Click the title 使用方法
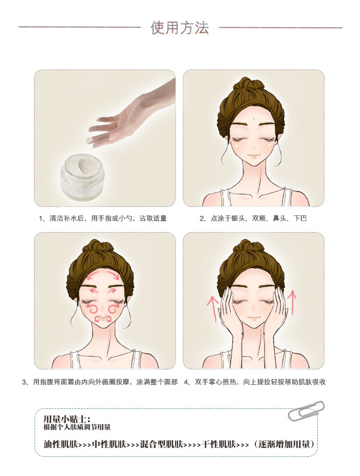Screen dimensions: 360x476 pos(180,28)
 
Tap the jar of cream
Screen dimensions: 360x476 pos(83,175)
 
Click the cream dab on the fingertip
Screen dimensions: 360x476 pos(89,139)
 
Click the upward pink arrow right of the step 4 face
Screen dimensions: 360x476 pos(292,303)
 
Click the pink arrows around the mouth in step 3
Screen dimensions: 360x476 pos(103,318)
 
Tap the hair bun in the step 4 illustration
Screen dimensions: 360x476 pos(249,246)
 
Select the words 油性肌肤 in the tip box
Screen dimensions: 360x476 pos(61,444)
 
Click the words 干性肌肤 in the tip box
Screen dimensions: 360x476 pos(219,444)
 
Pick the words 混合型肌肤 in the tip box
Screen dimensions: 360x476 pos(161,444)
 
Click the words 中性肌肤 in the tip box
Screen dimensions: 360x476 pos(109,444)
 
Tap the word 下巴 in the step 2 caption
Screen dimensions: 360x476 pos(300,218)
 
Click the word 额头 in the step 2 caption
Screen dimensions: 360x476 pos(238,218)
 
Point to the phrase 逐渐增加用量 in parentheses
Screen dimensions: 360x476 pos(285,444)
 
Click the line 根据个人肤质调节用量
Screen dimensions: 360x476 pos(77,427)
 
